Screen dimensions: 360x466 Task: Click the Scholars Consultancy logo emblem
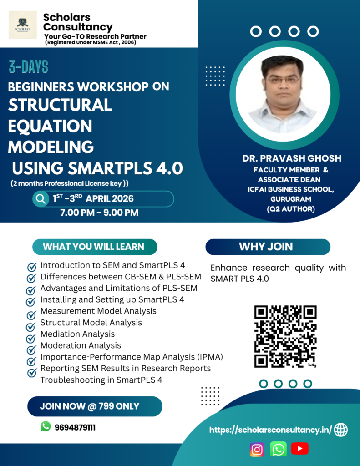[23, 25]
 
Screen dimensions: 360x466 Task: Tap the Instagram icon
[257, 449]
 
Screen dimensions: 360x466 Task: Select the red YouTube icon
[299, 448]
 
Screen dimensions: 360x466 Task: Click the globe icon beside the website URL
[341, 430]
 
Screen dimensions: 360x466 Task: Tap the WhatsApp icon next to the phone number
[46, 426]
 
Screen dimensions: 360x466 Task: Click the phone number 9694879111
[75, 428]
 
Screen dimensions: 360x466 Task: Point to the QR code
[285, 336]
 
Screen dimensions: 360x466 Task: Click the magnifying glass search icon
[41, 198]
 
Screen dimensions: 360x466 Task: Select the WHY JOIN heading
[266, 247]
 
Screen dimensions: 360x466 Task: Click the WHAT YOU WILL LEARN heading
[93, 247]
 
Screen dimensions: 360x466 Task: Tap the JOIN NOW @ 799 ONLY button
[95, 406]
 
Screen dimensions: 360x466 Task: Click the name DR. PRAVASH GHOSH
[292, 158]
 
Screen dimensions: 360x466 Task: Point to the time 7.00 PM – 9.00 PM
[99, 213]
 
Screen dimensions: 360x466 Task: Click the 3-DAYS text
[28, 66]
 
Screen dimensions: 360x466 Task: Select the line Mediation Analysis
[77, 334]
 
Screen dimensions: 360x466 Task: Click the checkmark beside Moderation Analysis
[31, 350]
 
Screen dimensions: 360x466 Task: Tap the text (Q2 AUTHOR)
[291, 209]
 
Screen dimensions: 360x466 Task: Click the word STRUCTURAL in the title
[60, 105]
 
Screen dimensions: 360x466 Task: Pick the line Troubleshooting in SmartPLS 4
[101, 380]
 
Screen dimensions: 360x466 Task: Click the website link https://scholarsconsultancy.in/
[270, 430]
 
